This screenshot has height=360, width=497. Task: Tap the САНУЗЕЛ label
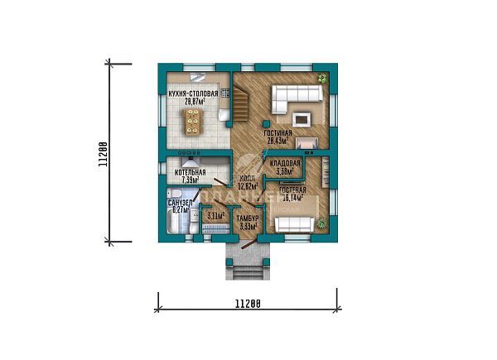181,203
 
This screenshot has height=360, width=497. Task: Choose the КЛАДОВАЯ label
284,164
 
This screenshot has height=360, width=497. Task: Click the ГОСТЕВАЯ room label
292,190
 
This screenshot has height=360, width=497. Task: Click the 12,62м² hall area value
247,186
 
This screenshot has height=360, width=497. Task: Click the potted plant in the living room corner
324,79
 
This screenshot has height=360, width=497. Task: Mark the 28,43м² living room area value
277,141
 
